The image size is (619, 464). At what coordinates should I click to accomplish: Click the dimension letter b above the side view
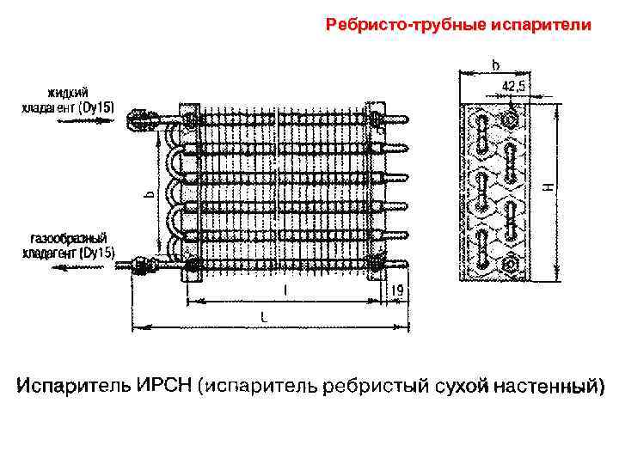tap(496, 64)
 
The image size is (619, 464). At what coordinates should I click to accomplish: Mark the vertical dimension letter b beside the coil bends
tap(148, 195)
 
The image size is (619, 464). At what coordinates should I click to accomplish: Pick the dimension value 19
tap(397, 291)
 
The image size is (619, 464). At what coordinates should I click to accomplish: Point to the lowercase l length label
tap(285, 291)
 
